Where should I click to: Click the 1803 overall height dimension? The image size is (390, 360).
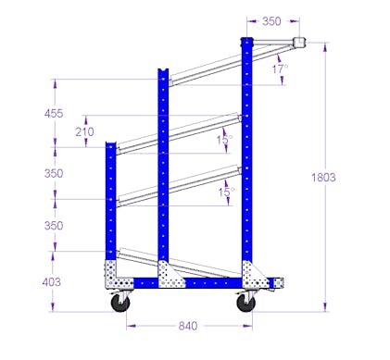pyautogui.click(x=323, y=178)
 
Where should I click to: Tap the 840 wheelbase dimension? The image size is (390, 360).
pyautogui.click(x=188, y=326)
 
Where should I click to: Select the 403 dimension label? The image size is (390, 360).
pyautogui.click(x=52, y=282)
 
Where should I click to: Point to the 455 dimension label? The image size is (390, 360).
pyautogui.click(x=54, y=114)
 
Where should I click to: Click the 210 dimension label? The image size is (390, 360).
pyautogui.click(x=84, y=132)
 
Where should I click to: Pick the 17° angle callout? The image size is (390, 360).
pyautogui.click(x=280, y=68)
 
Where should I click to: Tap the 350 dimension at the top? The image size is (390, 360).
pyautogui.click(x=271, y=21)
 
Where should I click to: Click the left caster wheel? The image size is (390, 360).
pyautogui.click(x=120, y=303)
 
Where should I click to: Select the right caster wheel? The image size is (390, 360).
pyautogui.click(x=246, y=303)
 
